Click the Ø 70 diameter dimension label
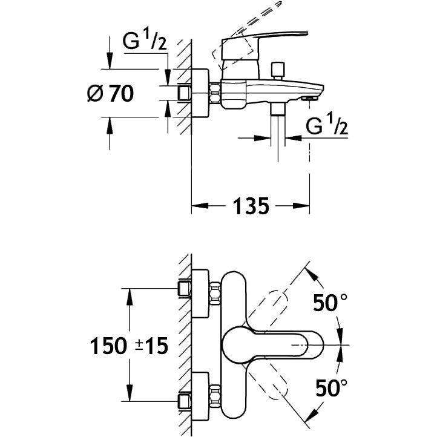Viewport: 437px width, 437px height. [x=111, y=93]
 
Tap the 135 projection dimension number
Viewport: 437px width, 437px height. [x=251, y=206]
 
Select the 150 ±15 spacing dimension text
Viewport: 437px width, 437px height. [x=129, y=346]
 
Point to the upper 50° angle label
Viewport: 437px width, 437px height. [x=330, y=303]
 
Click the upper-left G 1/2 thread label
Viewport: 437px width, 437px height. [x=145, y=41]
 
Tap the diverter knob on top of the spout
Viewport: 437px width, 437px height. [x=278, y=71]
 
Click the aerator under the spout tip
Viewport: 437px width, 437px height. [x=310, y=98]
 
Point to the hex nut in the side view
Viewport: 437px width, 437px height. [x=215, y=93]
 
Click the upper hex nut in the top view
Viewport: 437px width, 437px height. [x=215, y=293]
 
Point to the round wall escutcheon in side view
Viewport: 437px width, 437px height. [x=200, y=93]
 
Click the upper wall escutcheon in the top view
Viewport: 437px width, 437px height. [x=200, y=294]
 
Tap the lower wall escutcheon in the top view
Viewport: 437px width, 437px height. [x=200, y=396]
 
